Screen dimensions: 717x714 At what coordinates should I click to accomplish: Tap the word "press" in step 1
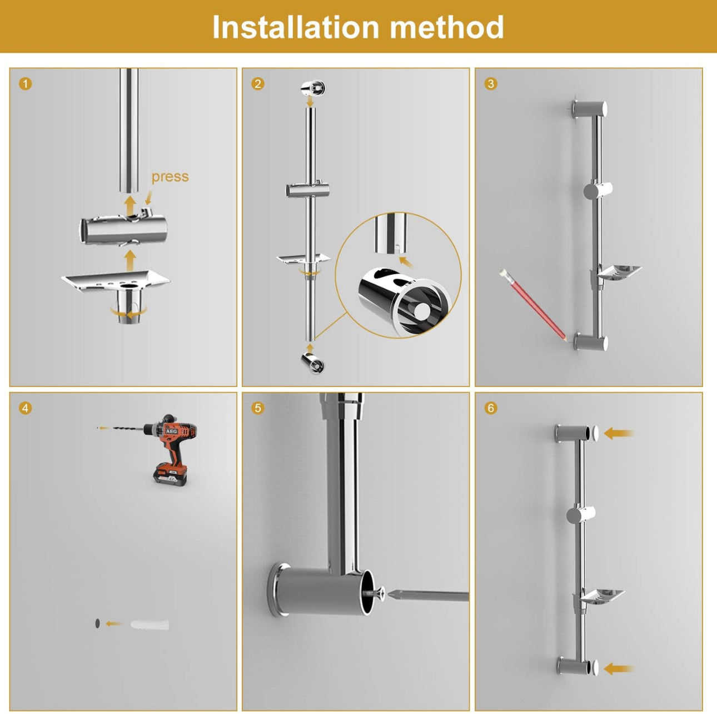coord(170,177)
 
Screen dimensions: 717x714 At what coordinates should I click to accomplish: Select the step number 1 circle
coord(26,84)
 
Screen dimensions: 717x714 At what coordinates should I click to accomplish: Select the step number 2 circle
coord(258,84)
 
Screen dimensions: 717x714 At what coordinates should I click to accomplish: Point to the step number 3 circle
coord(491,84)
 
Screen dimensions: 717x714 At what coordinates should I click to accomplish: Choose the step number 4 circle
coord(26,408)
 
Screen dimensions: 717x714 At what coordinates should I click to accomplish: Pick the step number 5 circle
coord(258,408)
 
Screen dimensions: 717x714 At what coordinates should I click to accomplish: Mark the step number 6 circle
coord(491,408)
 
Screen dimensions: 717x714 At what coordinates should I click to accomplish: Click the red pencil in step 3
coord(533,305)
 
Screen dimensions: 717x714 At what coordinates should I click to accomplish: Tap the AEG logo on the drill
coord(171,431)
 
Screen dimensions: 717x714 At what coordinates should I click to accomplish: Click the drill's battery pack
coord(170,474)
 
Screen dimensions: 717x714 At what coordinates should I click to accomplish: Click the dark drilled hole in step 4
coord(97,623)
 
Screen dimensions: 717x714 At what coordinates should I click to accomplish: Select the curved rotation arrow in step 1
coord(129,312)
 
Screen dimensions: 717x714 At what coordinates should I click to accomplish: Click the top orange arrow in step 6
coord(619,433)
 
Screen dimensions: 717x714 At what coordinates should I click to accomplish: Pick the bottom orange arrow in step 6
coord(619,669)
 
